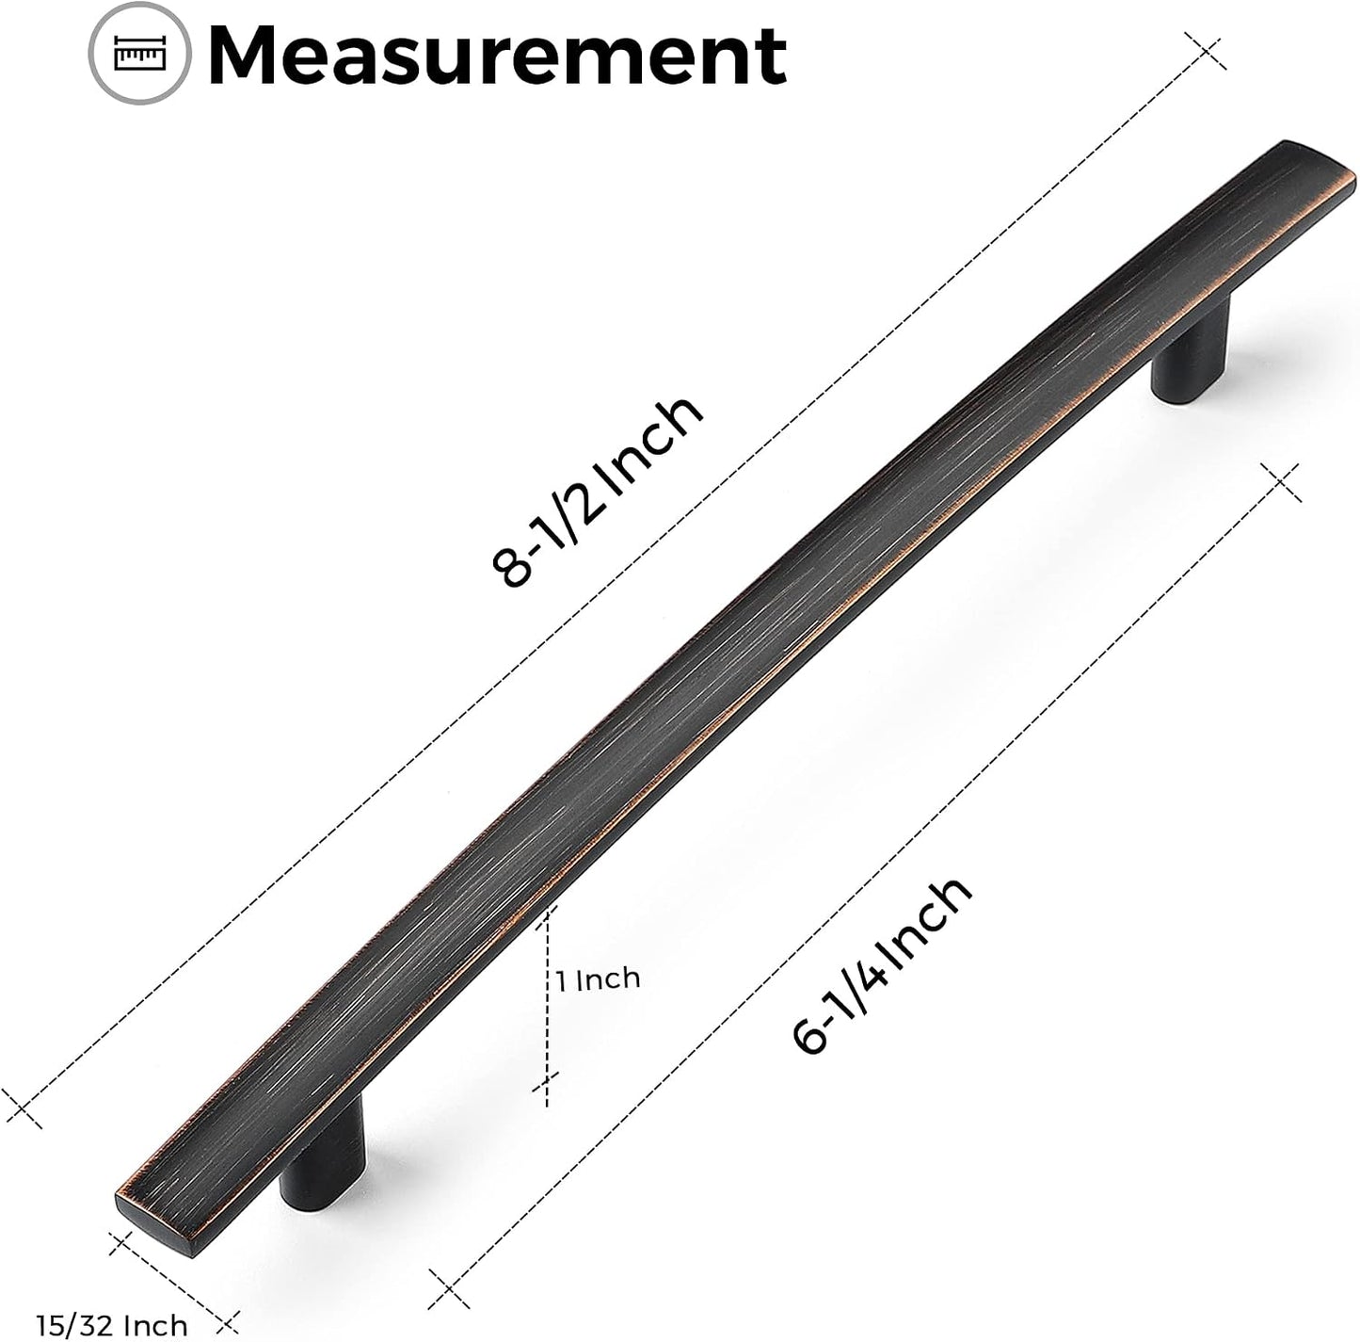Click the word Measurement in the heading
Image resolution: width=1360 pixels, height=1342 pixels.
tap(498, 55)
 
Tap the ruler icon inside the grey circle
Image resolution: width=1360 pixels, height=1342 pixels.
tap(139, 54)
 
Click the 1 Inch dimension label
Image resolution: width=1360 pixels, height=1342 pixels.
tap(599, 979)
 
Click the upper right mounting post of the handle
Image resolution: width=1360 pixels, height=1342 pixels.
tap(1191, 352)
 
